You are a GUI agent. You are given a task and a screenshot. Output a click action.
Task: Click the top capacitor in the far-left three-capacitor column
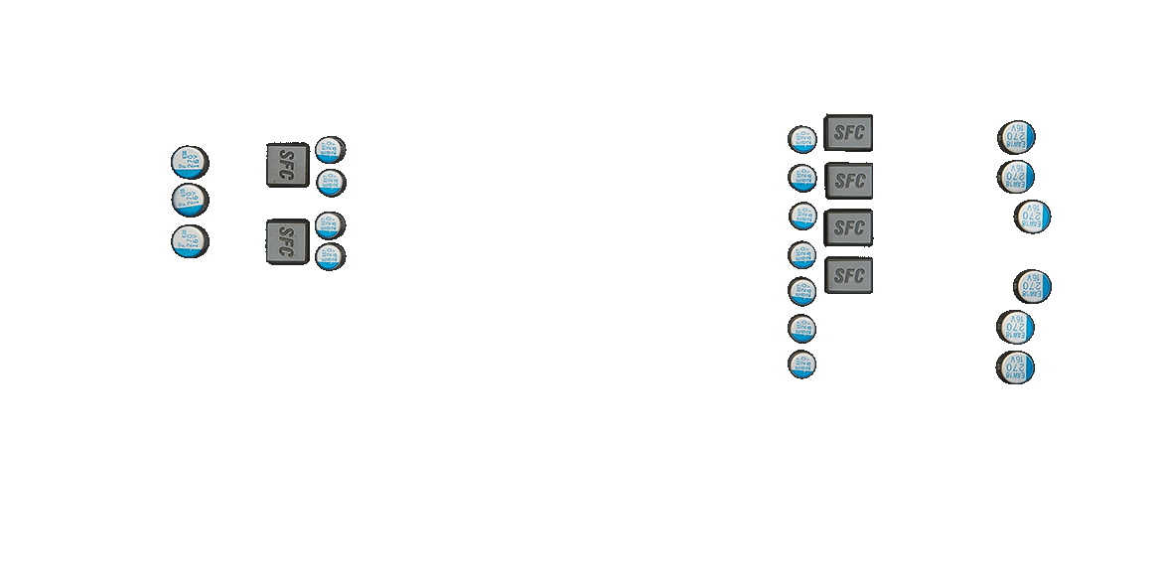pos(189,162)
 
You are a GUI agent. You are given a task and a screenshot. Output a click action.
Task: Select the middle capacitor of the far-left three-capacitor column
pos(189,200)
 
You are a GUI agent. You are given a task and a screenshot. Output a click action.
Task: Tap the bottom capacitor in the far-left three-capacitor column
pos(189,241)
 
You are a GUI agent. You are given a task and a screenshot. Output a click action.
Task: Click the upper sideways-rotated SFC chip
pos(287,165)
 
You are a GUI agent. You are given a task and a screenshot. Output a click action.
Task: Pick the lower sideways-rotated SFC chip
pos(287,242)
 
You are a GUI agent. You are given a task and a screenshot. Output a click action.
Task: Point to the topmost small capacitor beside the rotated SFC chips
pos(329,150)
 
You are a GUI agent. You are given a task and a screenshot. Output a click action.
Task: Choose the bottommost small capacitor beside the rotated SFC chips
pos(329,256)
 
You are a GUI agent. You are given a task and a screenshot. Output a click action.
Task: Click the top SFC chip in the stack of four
pos(849,133)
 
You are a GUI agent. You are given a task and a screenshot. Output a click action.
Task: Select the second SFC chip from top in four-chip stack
pos(849,181)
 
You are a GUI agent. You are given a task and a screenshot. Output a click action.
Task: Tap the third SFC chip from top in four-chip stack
pos(849,227)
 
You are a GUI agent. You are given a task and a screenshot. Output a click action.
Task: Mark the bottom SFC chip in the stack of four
pos(849,276)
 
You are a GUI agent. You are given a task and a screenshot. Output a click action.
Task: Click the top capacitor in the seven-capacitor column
pos(802,139)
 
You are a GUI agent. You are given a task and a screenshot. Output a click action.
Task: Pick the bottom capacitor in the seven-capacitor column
pos(802,365)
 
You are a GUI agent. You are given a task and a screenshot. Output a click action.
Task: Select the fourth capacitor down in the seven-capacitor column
pos(802,255)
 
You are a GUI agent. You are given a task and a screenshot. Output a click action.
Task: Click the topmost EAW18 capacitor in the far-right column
pos(1018,137)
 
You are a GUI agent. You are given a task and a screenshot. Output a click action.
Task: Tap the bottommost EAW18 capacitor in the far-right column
pos(1018,367)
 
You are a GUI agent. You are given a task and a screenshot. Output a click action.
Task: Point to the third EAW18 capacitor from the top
pos(1034,217)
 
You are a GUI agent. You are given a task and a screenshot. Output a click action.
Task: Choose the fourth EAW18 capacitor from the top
pos(1034,287)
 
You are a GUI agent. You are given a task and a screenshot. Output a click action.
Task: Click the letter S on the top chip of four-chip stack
pos(839,133)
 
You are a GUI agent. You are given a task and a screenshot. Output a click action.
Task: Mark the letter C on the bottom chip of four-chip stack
pos(860,276)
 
